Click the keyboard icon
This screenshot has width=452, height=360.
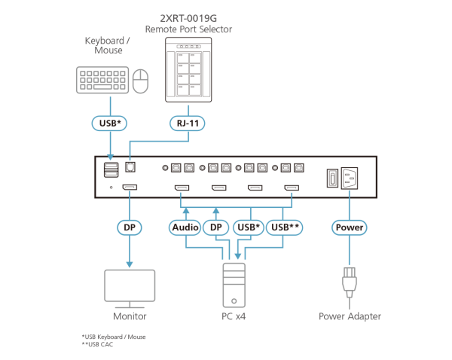[x=102, y=80]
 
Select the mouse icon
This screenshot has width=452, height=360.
[x=139, y=81]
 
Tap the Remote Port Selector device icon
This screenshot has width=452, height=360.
[x=188, y=69]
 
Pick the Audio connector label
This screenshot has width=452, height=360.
[x=185, y=226]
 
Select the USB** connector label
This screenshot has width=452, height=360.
[x=286, y=226]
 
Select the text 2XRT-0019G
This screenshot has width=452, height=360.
[x=188, y=17]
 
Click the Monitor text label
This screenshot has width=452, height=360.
[x=129, y=316]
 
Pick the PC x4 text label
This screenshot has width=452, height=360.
[x=234, y=316]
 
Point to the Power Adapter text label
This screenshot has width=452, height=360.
[x=350, y=316]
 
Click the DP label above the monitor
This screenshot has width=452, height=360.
[x=129, y=226]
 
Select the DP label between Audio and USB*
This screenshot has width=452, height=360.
[x=216, y=226]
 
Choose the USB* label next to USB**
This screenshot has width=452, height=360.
[x=249, y=226]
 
